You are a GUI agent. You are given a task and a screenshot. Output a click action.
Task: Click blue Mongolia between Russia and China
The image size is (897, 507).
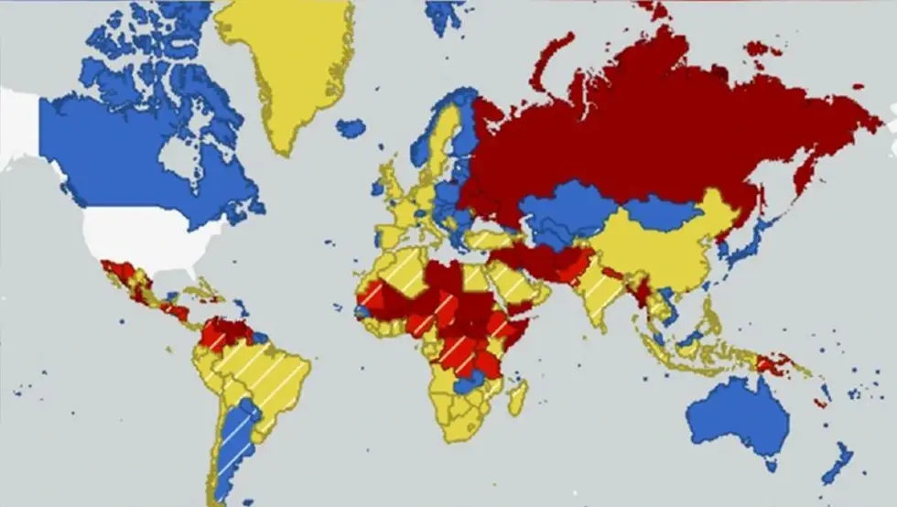[x=664, y=212]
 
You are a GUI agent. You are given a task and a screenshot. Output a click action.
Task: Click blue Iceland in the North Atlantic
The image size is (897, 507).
[x=351, y=127]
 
